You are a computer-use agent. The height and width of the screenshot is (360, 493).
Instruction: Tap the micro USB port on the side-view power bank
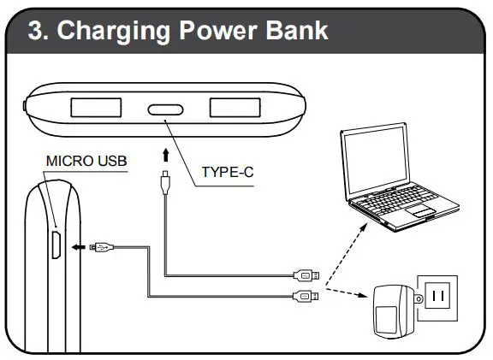tap(53, 245)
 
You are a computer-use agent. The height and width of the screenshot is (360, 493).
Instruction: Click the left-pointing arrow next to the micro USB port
tap(78, 247)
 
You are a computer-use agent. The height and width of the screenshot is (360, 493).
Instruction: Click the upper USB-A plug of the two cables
tap(306, 275)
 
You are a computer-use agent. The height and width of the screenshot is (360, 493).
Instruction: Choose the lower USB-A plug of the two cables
tap(306, 296)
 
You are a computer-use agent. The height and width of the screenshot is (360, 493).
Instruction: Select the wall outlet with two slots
tap(437, 296)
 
